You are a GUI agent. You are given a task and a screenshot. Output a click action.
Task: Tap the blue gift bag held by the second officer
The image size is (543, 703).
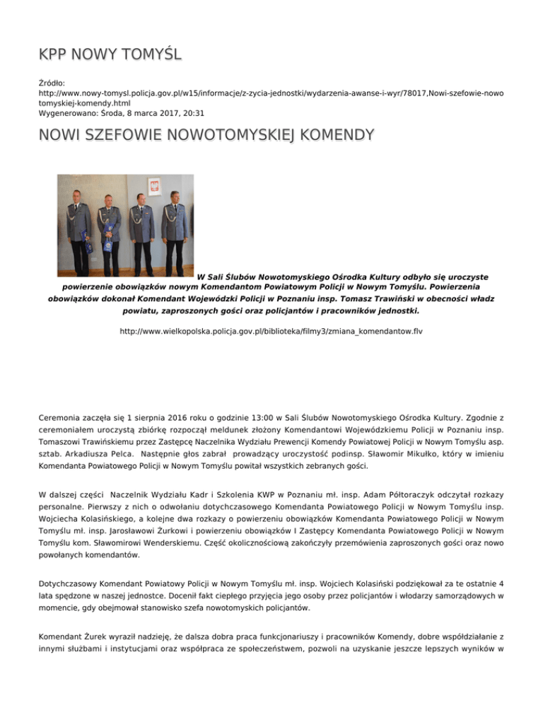[107, 244]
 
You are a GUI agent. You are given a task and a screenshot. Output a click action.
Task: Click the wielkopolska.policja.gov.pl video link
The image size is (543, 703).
[271, 330]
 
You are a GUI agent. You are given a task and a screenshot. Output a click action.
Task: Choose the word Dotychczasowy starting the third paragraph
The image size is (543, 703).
[74, 582]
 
